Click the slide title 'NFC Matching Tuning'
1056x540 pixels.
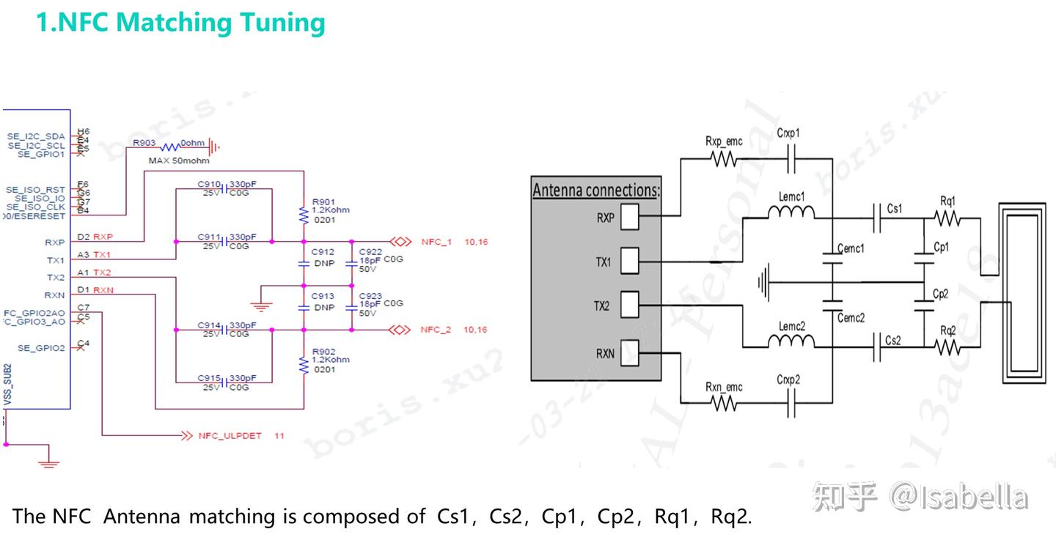pyautogui.click(x=180, y=23)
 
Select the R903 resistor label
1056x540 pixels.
pyautogui.click(x=144, y=143)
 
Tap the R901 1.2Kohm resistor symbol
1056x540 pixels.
pyautogui.click(x=304, y=215)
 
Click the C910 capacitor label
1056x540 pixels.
pyautogui.click(x=209, y=184)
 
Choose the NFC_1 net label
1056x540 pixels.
pyautogui.click(x=436, y=241)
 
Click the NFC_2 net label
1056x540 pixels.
pyautogui.click(x=436, y=330)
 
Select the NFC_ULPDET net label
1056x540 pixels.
pyautogui.click(x=230, y=435)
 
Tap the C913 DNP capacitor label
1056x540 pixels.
pyautogui.click(x=323, y=296)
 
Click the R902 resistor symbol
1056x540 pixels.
pyautogui.click(x=304, y=364)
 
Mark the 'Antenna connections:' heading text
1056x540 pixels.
pyautogui.click(x=595, y=191)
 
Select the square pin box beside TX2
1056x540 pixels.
pyautogui.click(x=629, y=306)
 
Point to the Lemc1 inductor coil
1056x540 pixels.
pyautogui.click(x=791, y=213)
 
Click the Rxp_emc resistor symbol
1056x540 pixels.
pyautogui.click(x=724, y=158)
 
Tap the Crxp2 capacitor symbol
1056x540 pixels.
pyautogui.click(x=791, y=402)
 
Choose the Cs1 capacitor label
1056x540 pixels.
pyautogui.click(x=894, y=209)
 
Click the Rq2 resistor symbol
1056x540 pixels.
pyautogui.click(x=947, y=347)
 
